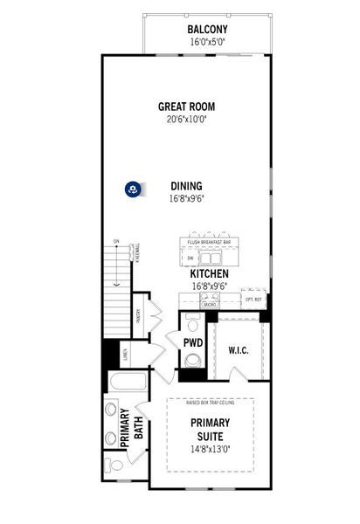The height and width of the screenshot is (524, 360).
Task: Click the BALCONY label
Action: [207, 29]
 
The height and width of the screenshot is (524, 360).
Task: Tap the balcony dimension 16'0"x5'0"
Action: [207, 40]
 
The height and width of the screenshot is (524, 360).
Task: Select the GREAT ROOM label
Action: [186, 107]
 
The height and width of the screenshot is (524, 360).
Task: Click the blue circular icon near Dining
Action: [133, 188]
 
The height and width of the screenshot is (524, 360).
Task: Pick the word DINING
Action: [186, 185]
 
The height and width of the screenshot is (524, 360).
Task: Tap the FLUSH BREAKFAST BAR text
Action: [209, 243]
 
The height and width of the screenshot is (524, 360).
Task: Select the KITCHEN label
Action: [210, 273]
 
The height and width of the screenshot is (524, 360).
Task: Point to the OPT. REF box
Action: [254, 299]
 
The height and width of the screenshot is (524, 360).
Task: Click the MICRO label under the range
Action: [210, 305]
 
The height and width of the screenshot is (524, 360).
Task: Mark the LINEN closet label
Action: [125, 355]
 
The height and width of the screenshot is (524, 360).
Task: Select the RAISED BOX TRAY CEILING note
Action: [211, 403]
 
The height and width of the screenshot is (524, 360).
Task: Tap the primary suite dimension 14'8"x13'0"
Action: [210, 451]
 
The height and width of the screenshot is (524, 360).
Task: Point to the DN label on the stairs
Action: [115, 241]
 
